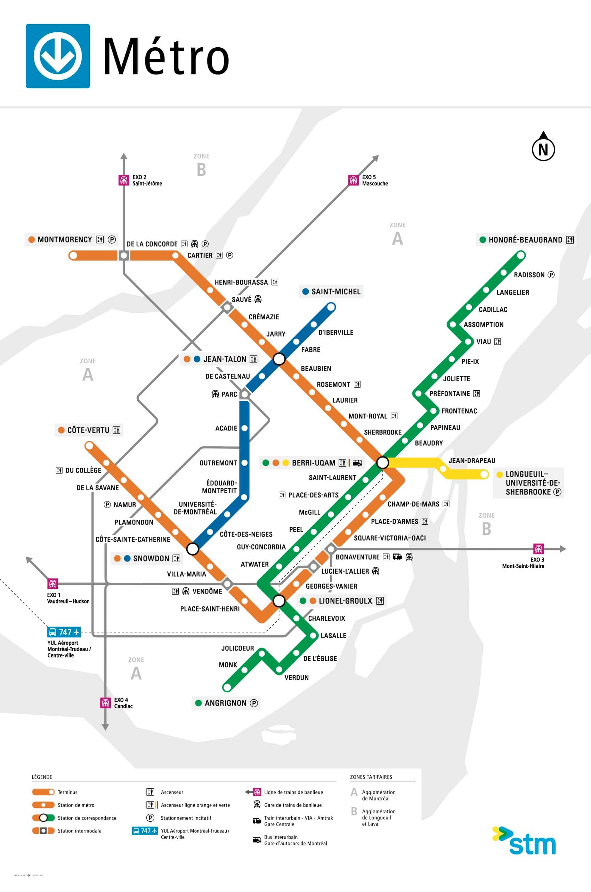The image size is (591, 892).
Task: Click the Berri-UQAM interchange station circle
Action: coord(382,462)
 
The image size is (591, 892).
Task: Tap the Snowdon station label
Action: coord(151,558)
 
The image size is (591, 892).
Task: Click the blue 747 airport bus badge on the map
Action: coord(64,632)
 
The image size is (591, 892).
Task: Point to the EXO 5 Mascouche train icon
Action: coord(353,180)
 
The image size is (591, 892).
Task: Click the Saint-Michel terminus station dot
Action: coord(331,307)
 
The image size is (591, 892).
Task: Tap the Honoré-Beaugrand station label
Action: coord(525,240)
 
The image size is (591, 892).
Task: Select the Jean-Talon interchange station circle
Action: coord(279,359)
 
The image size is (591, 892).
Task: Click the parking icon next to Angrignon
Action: coord(254,703)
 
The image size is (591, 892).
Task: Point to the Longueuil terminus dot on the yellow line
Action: coord(484,474)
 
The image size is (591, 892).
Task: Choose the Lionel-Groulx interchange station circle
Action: coord(279,600)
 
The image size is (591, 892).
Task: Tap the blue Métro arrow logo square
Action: coord(58,56)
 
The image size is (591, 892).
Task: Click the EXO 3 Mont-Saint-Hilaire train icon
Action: coord(539,549)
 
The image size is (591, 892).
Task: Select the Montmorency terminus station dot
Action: coord(73,255)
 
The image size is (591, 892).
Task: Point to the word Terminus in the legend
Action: coord(67,793)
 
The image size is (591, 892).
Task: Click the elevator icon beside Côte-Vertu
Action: coord(116,430)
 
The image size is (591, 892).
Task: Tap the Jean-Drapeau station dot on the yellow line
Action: coord(443,469)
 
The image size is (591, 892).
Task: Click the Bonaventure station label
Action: coord(357,557)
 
